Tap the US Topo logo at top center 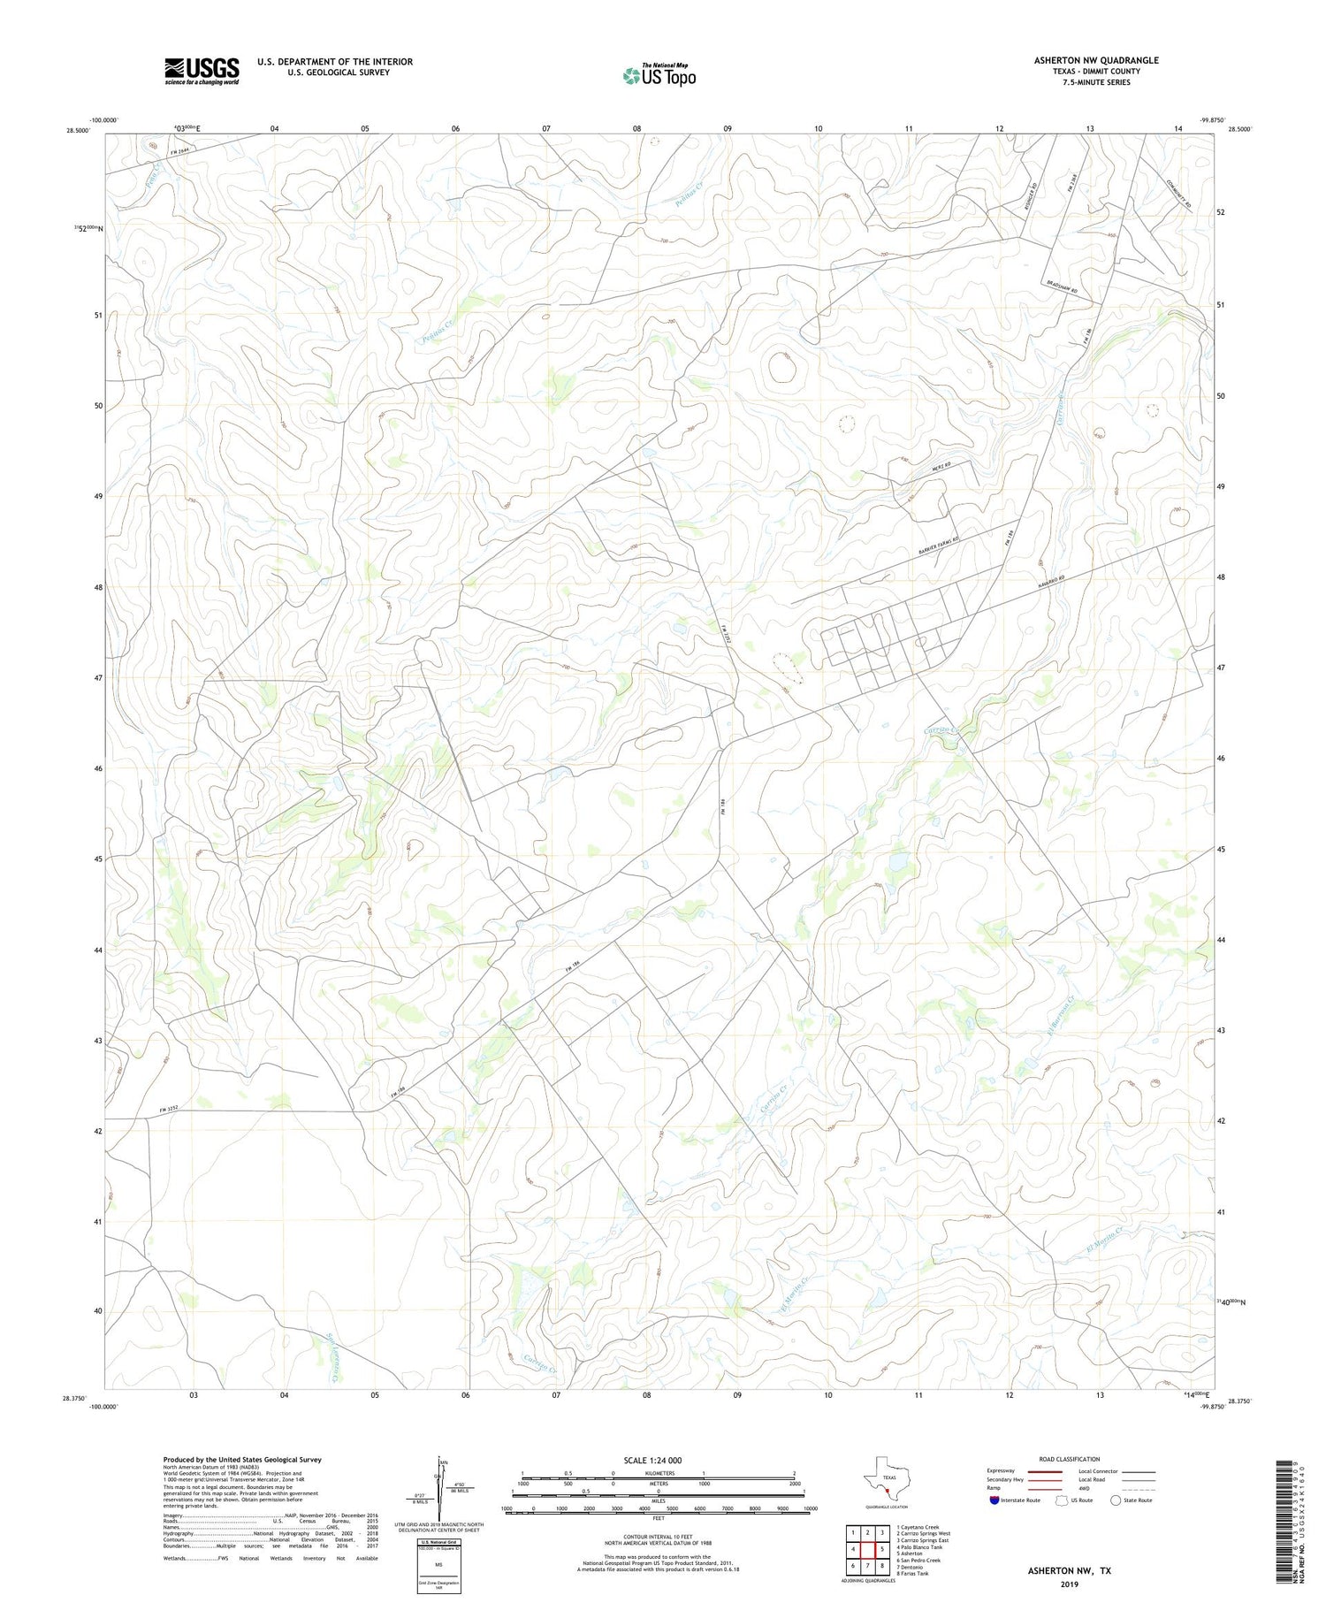point(659,76)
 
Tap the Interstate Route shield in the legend point(994,1500)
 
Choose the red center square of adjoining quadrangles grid point(868,1548)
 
